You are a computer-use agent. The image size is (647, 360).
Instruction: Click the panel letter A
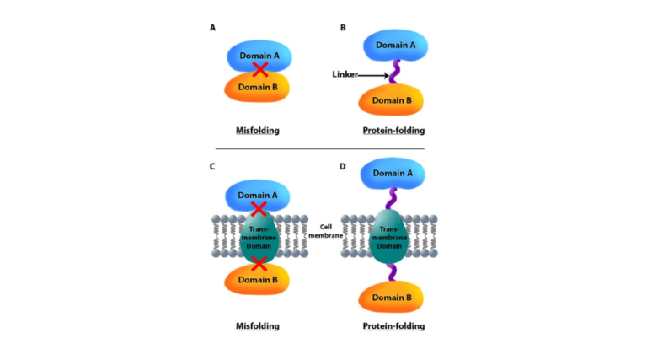click(212, 28)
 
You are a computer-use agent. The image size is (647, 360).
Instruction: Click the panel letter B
click(343, 28)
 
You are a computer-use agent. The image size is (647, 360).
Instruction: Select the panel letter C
click(212, 167)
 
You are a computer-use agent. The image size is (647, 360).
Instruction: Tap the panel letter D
click(343, 167)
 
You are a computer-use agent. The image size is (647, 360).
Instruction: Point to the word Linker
click(345, 75)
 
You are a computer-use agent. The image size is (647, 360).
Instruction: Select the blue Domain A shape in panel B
click(393, 48)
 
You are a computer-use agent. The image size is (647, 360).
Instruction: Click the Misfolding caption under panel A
click(257, 132)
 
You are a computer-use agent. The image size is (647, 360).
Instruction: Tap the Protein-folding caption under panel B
click(393, 132)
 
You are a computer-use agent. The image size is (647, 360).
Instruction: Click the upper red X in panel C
click(259, 207)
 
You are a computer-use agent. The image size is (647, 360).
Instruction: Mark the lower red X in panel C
click(259, 265)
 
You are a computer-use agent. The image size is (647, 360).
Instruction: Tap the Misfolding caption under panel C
click(257, 325)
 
